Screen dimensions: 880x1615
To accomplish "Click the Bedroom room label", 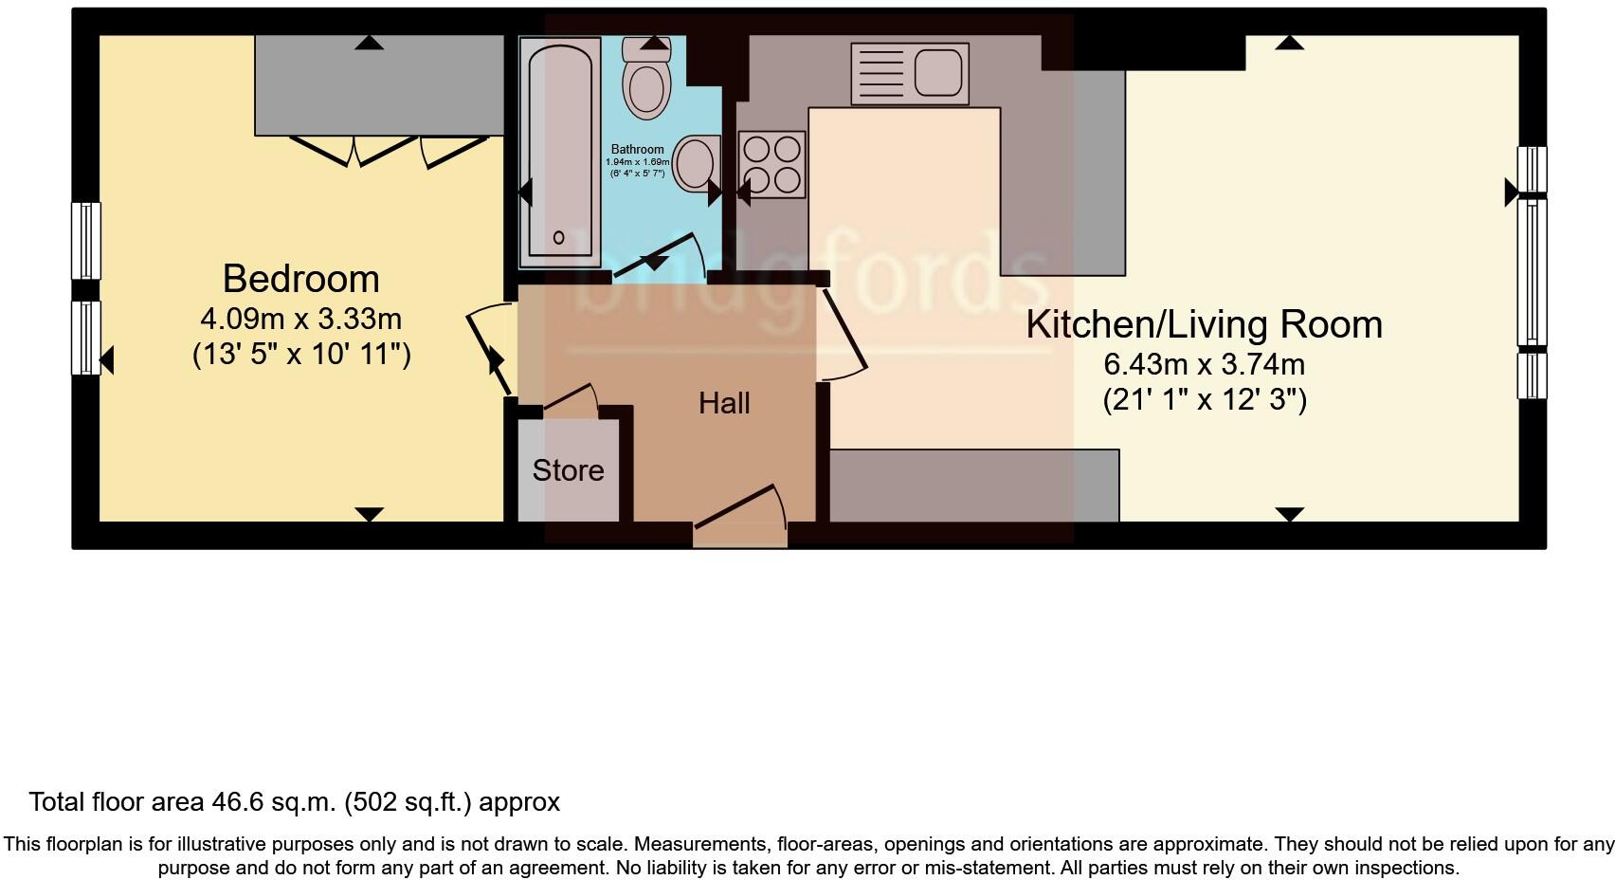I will click(x=300, y=279).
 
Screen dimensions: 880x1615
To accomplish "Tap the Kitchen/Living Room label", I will click(x=1204, y=324).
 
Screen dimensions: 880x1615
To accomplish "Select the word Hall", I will click(x=724, y=403).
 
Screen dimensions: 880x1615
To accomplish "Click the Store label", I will click(x=568, y=470).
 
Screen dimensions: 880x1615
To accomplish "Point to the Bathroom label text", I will click(x=637, y=149).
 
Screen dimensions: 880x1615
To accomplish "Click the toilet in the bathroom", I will click(x=647, y=83).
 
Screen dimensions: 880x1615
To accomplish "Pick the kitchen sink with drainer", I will click(x=909, y=73).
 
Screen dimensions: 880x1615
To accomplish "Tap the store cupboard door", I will click(x=570, y=397).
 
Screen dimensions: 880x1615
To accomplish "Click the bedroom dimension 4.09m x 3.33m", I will click(x=300, y=318).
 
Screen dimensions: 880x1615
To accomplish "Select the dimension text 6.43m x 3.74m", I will click(x=1204, y=364).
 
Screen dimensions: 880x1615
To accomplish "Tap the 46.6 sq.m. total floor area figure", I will click(x=271, y=802).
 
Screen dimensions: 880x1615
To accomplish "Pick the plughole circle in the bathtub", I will click(x=558, y=237).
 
